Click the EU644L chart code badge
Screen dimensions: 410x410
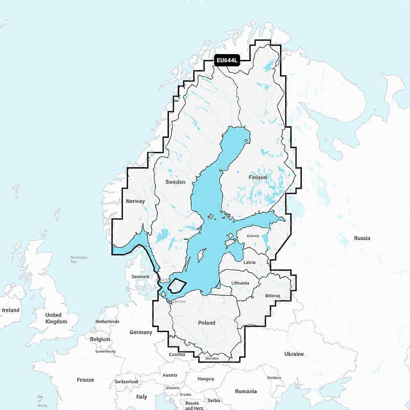pos(227,61)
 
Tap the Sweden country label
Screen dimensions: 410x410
pos(175,182)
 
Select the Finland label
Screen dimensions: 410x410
pos(257,178)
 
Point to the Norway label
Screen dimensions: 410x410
pos(136,201)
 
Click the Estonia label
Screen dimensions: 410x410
pos(253,236)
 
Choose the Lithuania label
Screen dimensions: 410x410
pos(240,283)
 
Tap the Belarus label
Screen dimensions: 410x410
pos(272,295)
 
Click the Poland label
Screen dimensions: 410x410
pos(207,323)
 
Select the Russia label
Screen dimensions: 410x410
pos(362,238)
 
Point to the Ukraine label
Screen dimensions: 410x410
pos(294,353)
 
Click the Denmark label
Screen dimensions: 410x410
pos(140,277)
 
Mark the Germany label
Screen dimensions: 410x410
pos(141,332)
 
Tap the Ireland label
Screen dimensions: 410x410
pos(10,310)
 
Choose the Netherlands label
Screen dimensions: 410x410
pos(107,321)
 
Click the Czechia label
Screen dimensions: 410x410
pos(177,354)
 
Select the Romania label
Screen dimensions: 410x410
pos(246,391)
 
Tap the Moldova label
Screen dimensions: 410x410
pos(274,378)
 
